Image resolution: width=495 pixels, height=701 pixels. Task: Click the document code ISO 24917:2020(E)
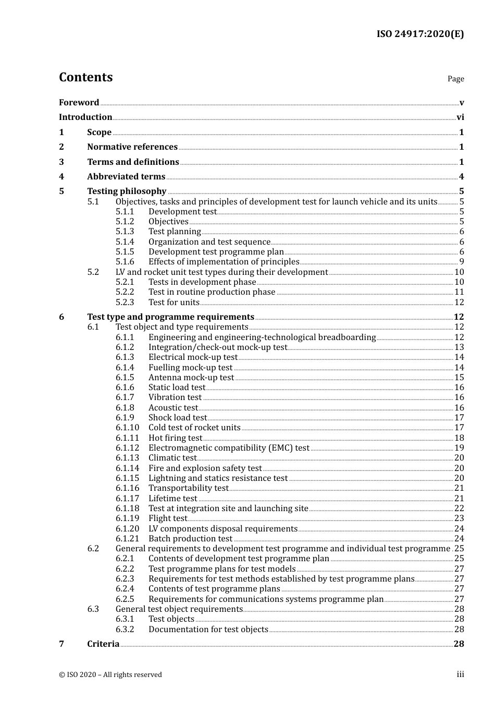point(420,34)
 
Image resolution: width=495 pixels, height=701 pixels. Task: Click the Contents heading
point(85,77)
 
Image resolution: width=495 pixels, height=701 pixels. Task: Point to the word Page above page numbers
point(455,79)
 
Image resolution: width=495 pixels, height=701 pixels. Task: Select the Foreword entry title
point(79,102)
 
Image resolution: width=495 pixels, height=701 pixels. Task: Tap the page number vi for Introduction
point(460,117)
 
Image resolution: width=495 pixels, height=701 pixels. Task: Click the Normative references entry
point(132,147)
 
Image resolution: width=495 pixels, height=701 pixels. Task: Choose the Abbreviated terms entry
point(126,177)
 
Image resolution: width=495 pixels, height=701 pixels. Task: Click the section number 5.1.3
point(125,232)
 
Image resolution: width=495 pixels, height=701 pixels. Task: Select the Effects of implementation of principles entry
point(224,262)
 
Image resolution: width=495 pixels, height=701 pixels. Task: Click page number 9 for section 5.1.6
point(462,262)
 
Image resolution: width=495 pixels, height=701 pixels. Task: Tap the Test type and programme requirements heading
point(170,317)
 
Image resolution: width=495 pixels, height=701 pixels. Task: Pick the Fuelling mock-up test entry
point(190,368)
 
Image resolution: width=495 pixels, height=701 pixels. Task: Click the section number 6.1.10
point(127,428)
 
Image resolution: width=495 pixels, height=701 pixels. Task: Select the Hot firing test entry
point(175,438)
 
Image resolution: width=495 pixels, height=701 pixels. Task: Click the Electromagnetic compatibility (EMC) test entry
point(229,448)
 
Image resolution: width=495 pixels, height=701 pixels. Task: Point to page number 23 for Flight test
point(459,518)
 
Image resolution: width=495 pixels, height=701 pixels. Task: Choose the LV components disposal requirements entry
point(222,529)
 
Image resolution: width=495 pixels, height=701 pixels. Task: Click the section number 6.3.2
point(125,630)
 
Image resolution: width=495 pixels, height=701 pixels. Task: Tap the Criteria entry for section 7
point(103,644)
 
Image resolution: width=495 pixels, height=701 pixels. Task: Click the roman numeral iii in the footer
point(460,674)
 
